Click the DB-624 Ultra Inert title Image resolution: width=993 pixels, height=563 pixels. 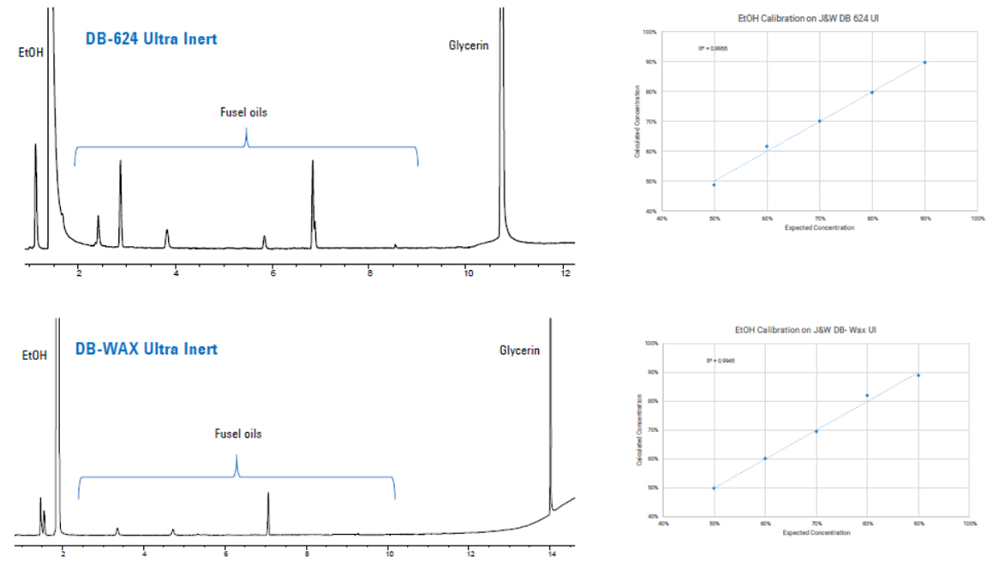tap(150, 39)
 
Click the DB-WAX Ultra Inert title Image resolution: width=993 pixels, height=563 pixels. tap(146, 349)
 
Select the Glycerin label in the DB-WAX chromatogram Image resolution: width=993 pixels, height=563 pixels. tap(520, 350)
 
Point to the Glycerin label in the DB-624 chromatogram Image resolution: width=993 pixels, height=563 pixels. tap(469, 45)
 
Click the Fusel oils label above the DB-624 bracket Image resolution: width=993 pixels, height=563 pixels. tap(244, 112)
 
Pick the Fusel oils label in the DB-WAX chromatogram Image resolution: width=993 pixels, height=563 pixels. tap(237, 434)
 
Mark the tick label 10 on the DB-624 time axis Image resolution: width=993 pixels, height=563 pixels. tap(468, 273)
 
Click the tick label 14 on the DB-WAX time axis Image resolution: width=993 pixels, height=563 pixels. tap(551, 554)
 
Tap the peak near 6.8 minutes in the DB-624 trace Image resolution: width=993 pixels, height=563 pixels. tap(313, 163)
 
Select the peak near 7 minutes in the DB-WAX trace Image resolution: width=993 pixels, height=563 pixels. tap(268, 495)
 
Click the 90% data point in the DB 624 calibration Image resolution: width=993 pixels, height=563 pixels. tap(925, 63)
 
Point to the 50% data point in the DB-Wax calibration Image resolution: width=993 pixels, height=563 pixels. tap(714, 488)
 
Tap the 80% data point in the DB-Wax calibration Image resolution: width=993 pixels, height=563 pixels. tap(867, 396)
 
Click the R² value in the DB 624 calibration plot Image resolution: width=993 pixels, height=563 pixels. tap(713, 49)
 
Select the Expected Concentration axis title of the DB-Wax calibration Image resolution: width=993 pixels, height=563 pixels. tap(816, 533)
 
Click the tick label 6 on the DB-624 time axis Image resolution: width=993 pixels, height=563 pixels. tap(273, 273)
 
